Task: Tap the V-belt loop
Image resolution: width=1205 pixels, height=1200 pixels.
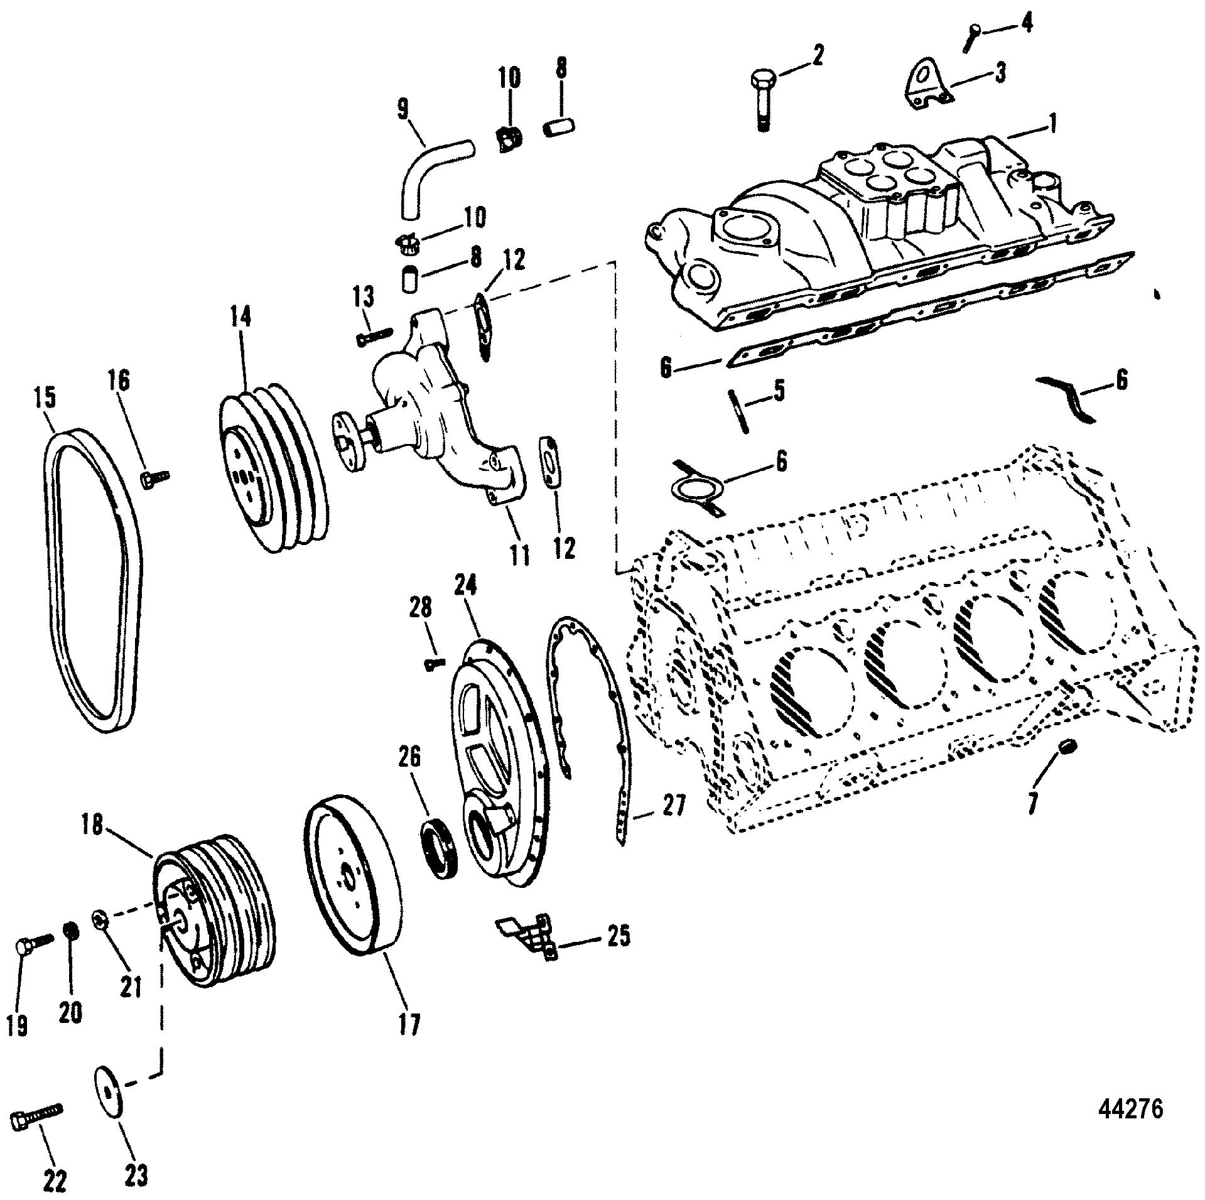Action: (94, 580)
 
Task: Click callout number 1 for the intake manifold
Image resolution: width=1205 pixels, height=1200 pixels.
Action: (1045, 124)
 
